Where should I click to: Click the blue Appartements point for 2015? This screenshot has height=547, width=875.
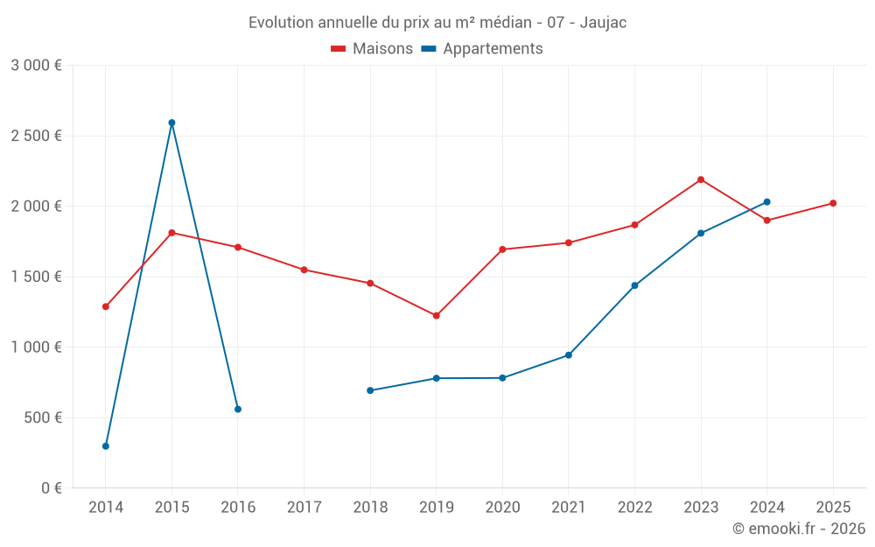(171, 123)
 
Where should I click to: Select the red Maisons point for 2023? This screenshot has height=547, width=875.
(701, 179)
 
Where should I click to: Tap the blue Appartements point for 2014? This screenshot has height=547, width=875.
(106, 446)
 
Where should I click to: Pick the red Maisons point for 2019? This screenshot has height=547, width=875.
(437, 315)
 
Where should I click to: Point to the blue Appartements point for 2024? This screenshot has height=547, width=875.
(767, 202)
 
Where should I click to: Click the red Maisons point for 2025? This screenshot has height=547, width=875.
(833, 203)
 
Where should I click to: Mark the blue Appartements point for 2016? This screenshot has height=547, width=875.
(238, 409)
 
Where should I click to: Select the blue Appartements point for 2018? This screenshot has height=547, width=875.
(370, 390)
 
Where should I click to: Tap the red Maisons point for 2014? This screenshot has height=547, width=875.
(106, 306)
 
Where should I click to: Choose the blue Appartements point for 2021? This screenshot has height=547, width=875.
(569, 355)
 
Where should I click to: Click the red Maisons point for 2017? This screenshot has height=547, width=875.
(304, 270)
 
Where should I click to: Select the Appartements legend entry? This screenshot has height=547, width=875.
(482, 49)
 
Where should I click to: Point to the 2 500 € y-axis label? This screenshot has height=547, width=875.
(36, 136)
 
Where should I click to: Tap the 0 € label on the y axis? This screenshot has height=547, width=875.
(49, 488)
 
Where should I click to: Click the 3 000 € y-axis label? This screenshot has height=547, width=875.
(36, 66)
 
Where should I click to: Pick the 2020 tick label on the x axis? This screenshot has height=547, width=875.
(502, 507)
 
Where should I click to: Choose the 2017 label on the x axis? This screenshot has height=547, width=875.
(304, 507)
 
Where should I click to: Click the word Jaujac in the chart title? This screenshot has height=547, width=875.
(604, 23)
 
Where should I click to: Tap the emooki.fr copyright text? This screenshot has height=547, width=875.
(798, 529)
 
